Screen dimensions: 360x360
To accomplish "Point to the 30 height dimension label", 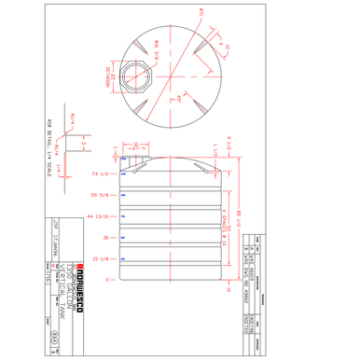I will [x=106, y=238].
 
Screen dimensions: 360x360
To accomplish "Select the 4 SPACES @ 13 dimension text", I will [x=220, y=221].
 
